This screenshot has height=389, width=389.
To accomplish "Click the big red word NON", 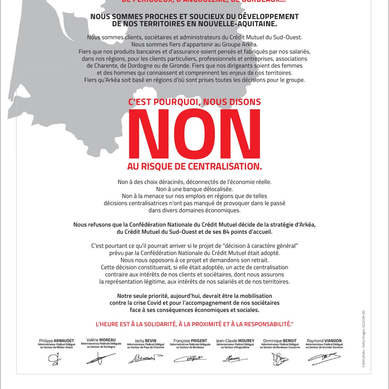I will click(194, 134).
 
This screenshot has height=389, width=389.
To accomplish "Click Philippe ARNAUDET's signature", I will click(53, 359).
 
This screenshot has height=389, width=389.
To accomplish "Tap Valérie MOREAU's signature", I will click(100, 359).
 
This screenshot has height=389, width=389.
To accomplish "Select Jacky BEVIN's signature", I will click(145, 358).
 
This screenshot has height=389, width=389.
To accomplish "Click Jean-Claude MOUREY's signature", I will click(235, 359).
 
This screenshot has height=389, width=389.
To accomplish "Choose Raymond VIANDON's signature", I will click(324, 358).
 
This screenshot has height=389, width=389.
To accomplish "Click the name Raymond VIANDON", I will click(324, 341).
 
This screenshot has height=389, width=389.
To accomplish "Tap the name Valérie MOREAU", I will click(101, 340).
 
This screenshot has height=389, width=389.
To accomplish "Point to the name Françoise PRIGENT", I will click(190, 341).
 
